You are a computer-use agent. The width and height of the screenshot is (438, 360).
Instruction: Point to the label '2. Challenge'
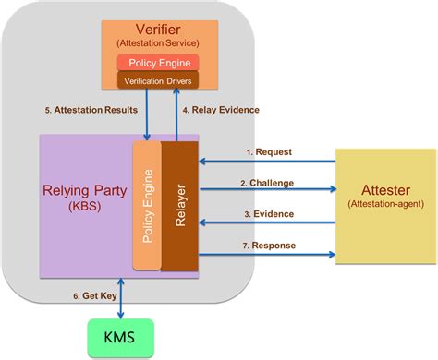268,183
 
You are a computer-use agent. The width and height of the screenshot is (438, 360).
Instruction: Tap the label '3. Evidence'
267,213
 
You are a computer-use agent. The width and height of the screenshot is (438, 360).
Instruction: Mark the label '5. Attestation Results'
91,110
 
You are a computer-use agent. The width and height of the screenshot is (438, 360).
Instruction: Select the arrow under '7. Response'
267,252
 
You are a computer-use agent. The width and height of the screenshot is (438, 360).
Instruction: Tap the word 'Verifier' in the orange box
157,29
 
